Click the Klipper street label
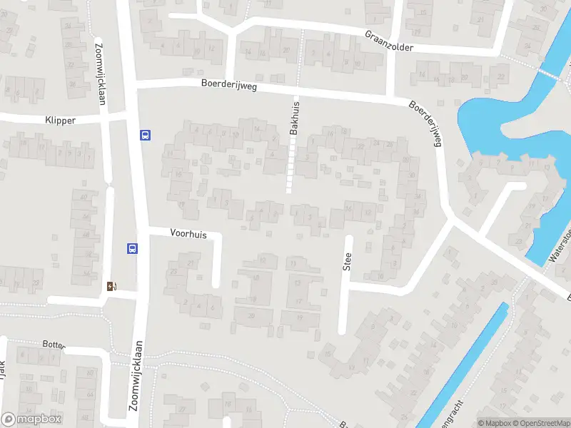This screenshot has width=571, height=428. [x=59, y=121]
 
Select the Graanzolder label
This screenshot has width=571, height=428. [x=389, y=41]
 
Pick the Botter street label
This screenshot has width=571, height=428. [x=54, y=345]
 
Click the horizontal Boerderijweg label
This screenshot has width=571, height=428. [x=229, y=86]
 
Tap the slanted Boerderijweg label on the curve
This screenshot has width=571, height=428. [x=427, y=122]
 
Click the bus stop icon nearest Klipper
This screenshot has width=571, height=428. [x=145, y=135]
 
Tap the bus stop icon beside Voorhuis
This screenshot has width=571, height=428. [x=132, y=248]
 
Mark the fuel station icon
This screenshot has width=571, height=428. [x=111, y=286]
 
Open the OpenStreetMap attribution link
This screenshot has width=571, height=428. [x=541, y=423]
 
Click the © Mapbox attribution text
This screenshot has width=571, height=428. [x=495, y=423]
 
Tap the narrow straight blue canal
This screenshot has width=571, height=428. [x=464, y=364]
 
